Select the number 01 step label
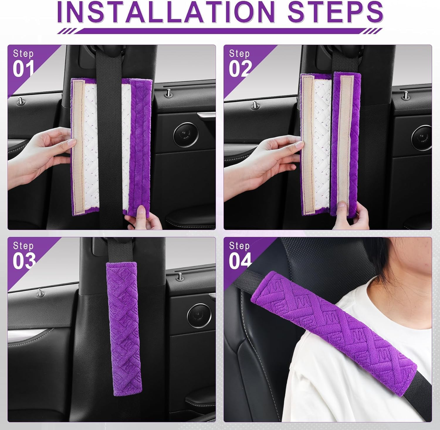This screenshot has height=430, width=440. pos(23,69)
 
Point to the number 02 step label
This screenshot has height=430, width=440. pos(240,69)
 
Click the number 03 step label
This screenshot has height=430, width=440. pos(24,261)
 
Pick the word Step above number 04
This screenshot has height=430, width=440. pos(239,246)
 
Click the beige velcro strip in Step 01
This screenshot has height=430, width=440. pos(78,147)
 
